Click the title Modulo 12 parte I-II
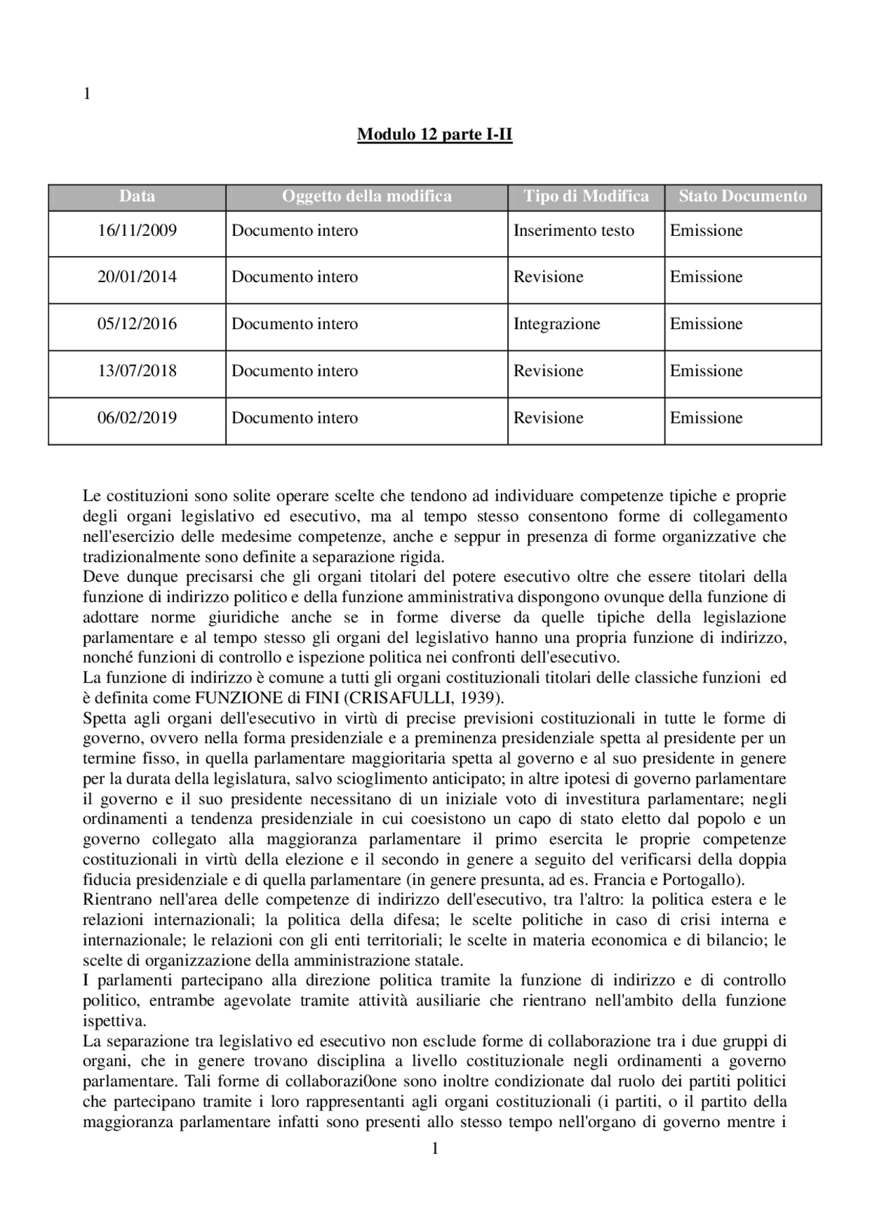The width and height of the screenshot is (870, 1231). (434, 135)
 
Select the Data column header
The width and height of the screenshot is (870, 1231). (137, 196)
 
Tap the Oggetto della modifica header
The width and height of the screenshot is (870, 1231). (366, 196)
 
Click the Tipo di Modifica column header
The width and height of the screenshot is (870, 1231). (586, 196)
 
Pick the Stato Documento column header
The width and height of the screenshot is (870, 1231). (742, 196)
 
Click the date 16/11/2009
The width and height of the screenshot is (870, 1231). (137, 230)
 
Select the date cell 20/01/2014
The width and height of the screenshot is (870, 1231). (137, 277)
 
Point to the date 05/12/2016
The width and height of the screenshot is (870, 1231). (137, 324)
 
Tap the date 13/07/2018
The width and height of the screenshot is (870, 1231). (137, 370)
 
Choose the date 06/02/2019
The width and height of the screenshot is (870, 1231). (137, 417)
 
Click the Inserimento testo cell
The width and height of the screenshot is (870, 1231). (574, 230)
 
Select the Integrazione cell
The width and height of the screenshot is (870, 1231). (557, 324)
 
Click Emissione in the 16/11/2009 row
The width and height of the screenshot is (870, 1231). (706, 230)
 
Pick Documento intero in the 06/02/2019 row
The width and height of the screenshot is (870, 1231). (294, 417)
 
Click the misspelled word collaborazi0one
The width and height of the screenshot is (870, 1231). (338, 1081)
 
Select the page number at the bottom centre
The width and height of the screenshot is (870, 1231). (435, 1149)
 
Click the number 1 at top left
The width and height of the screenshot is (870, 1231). (86, 94)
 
